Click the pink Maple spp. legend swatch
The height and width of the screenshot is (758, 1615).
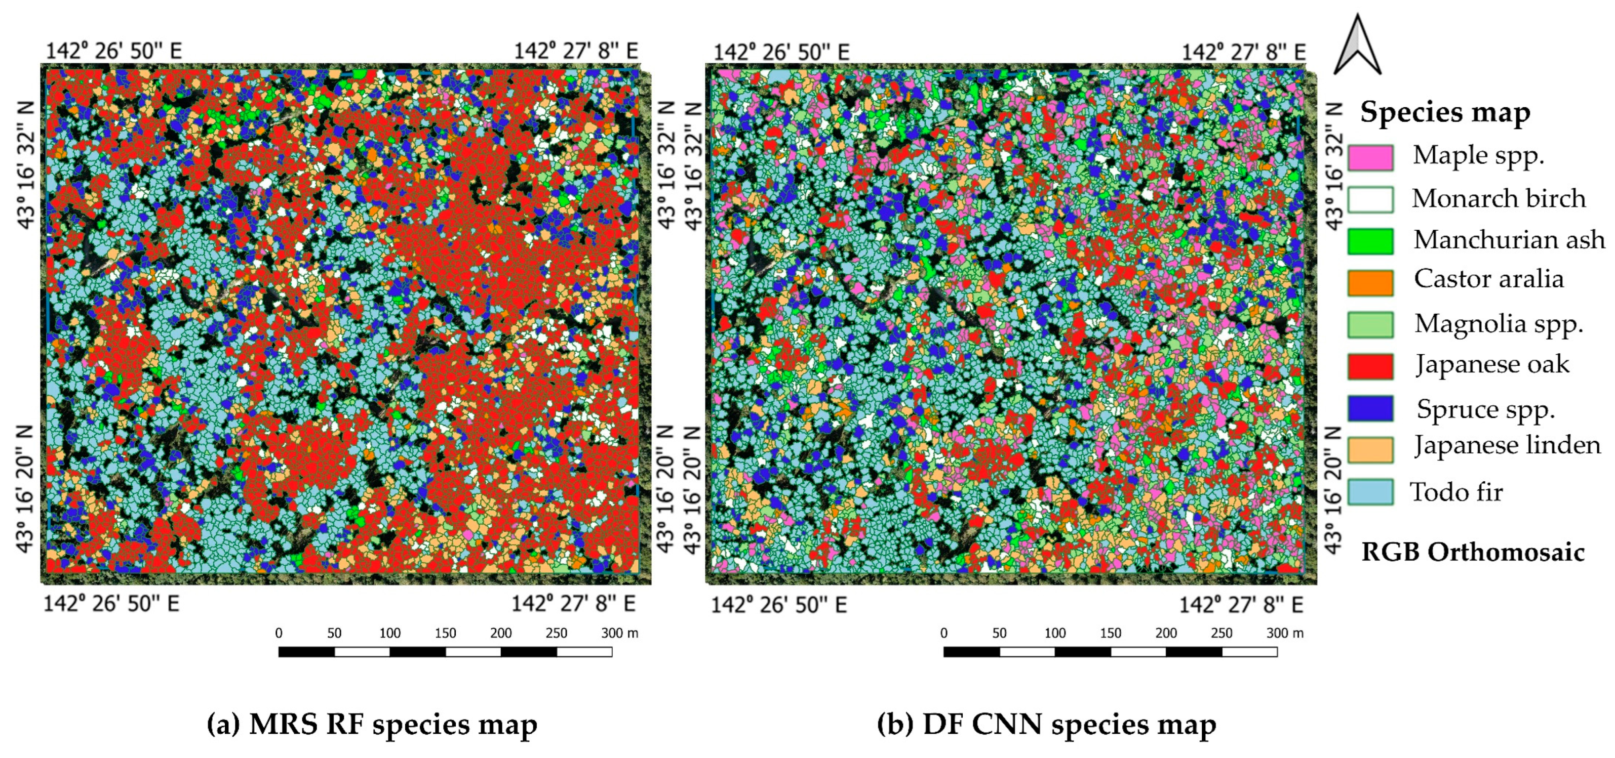1370,157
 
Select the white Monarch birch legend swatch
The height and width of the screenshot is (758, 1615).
1370,199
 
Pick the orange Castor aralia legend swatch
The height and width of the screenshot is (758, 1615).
1370,282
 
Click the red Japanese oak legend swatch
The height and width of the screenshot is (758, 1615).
1370,366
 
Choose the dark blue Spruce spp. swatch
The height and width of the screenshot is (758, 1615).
1370,408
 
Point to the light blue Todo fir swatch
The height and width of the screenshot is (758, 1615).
1370,492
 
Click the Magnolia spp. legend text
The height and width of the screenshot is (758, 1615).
1499,324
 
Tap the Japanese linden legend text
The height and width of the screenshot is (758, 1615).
1507,445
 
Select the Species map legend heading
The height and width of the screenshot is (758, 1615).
1445,113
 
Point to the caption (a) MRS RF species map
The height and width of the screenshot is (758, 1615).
372,724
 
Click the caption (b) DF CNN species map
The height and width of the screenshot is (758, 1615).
1046,724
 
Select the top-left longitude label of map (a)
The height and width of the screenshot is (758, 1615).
114,51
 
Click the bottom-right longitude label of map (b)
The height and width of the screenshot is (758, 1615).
1241,605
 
